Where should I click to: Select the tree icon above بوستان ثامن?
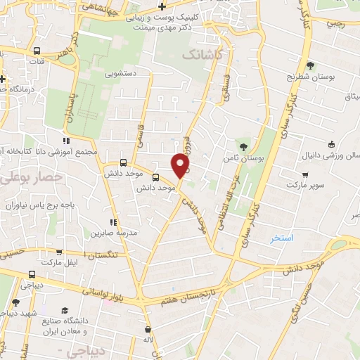243,146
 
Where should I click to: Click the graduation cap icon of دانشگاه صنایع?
65,310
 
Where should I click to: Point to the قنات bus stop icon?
37,51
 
